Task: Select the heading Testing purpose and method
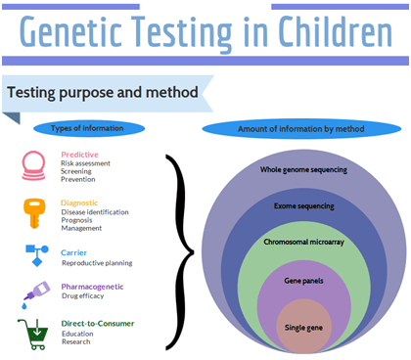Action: coord(102,93)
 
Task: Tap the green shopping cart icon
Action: coord(35,333)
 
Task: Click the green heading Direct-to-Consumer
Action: coord(97,323)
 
